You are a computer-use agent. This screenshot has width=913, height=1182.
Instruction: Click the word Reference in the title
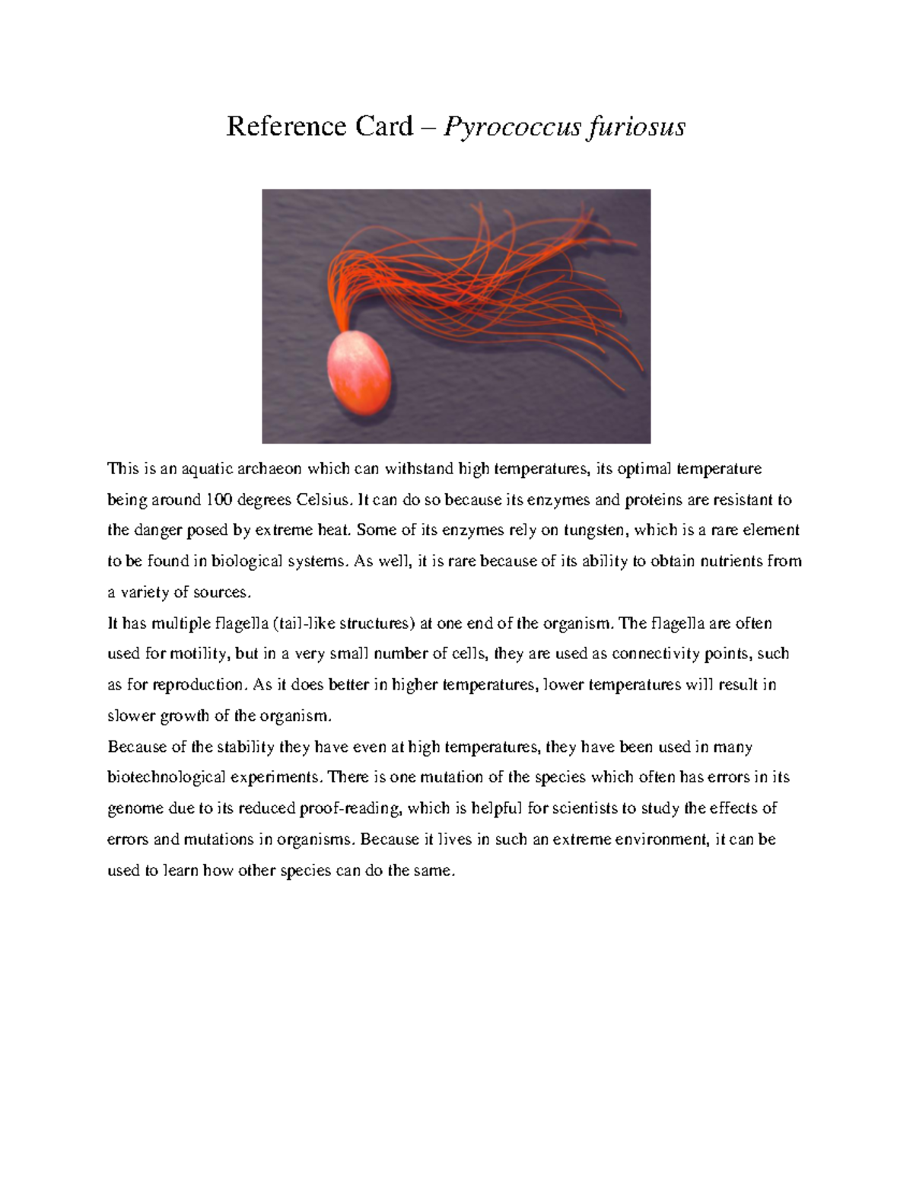tap(282, 126)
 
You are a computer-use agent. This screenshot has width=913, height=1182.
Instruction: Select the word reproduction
tap(200, 685)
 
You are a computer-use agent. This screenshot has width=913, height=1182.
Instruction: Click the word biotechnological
tap(166, 778)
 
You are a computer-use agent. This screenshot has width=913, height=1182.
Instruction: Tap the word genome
tap(135, 809)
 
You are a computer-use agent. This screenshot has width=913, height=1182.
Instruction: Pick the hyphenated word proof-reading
tap(350, 809)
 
